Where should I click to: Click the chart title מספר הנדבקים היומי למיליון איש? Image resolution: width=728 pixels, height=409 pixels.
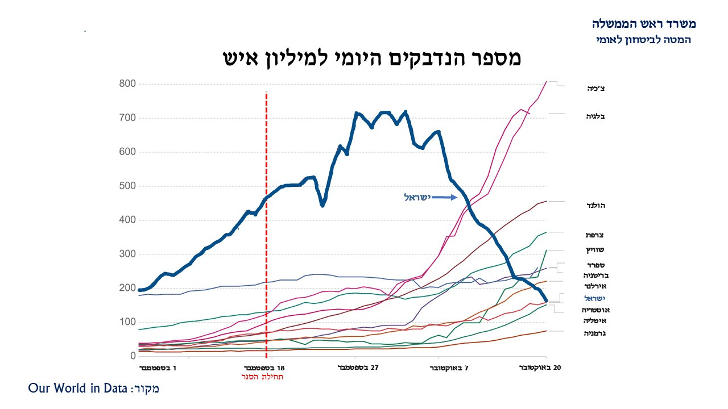[x=371, y=58]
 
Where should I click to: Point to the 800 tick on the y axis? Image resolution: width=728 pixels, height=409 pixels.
[x=128, y=84]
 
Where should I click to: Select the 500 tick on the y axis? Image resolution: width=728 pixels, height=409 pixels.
[x=128, y=186]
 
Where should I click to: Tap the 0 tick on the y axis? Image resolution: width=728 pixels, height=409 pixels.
[x=133, y=356]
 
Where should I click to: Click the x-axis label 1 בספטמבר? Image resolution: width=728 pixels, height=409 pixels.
[x=158, y=368]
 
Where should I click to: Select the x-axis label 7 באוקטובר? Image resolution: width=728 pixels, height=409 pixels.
[x=449, y=368]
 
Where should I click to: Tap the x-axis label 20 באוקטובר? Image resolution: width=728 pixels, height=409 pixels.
[x=540, y=368]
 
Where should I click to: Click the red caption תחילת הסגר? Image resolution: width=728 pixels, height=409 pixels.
[x=262, y=377]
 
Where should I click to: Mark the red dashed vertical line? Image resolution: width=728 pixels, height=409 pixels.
[x=266, y=227]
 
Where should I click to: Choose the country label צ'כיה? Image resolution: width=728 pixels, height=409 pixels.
[x=596, y=89]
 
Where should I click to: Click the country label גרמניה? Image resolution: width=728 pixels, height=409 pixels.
[x=594, y=333]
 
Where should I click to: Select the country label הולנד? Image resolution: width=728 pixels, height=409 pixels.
[x=595, y=205]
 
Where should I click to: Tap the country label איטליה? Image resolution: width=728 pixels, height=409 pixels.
[x=594, y=321]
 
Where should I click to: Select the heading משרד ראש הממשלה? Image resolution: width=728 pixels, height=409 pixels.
[x=643, y=24]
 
